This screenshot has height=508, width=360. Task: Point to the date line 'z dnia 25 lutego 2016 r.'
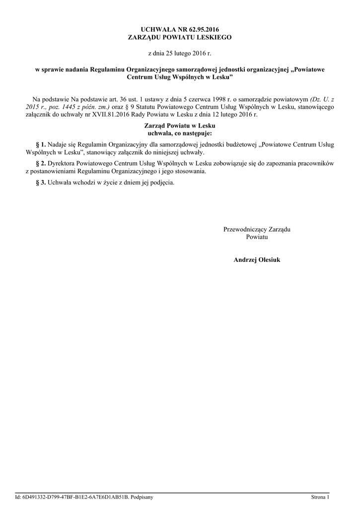[180, 53]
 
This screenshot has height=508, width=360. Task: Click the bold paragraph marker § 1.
[41, 144]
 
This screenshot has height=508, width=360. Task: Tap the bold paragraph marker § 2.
[41, 163]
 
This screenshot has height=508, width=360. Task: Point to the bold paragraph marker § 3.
[41, 182]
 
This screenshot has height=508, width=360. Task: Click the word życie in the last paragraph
[109, 182]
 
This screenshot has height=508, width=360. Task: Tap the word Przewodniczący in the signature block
[245, 229]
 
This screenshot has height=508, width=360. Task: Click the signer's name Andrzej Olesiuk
[257, 259]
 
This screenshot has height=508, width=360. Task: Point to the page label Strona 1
[320, 497]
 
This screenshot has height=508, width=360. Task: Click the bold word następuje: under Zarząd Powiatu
[195, 133]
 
